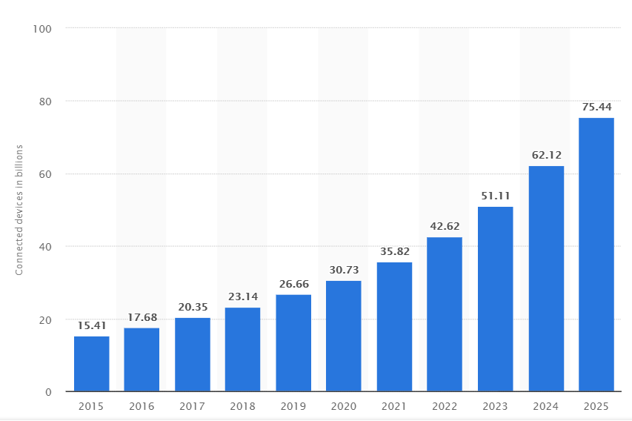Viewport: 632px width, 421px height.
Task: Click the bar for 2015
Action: point(91,364)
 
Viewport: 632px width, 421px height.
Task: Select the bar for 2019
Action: point(293,343)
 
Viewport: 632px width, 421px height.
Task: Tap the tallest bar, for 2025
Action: point(596,254)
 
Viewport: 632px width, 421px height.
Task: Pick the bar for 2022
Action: point(445,314)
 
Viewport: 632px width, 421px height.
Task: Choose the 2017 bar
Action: point(193,354)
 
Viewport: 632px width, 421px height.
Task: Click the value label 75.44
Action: point(596,107)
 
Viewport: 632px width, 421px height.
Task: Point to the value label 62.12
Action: point(546,156)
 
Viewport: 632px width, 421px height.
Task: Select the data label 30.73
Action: point(344,271)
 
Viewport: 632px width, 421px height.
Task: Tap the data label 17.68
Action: point(142,318)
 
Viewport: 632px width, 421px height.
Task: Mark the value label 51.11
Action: point(495,196)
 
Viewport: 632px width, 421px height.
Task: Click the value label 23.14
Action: point(243,297)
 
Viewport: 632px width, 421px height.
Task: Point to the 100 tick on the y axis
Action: point(43,29)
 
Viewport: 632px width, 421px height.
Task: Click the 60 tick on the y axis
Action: point(46,174)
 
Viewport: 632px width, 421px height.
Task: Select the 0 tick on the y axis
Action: point(49,392)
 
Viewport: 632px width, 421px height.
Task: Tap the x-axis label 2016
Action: point(142,406)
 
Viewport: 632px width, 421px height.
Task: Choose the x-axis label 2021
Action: point(394,406)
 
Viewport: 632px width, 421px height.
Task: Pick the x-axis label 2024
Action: point(546,406)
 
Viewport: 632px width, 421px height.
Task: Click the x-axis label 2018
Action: point(243,406)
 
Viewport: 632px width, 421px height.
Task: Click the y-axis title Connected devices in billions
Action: point(20,210)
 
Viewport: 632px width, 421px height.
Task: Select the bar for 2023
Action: point(495,299)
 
